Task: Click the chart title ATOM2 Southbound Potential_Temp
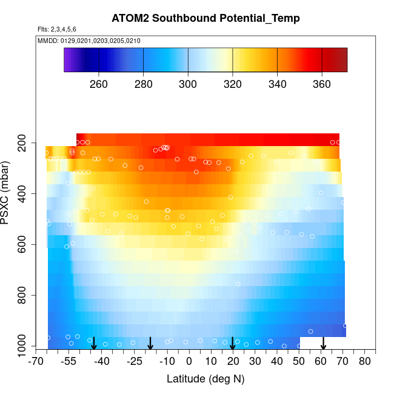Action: click(205, 18)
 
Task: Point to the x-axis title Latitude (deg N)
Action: click(205, 379)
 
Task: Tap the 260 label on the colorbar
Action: click(99, 84)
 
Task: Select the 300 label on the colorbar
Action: click(188, 84)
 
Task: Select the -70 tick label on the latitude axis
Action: click(37, 362)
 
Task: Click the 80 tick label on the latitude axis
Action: click(364, 362)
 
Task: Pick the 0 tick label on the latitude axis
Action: click(189, 362)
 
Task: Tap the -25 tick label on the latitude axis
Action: click(135, 362)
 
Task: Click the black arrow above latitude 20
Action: click(233, 343)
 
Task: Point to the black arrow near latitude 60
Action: click(323, 343)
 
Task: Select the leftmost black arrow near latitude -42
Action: click(93, 343)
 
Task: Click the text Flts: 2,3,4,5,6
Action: click(57, 29)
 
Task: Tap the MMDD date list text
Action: click(89, 41)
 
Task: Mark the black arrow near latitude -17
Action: click(150, 343)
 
